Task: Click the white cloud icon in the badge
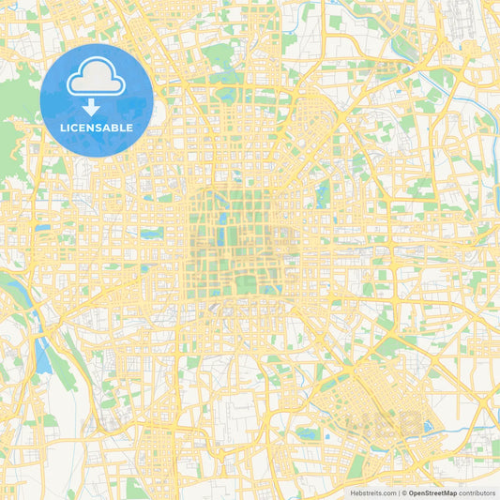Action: tap(97, 80)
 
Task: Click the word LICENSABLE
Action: tap(97, 128)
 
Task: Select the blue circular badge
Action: tap(97, 99)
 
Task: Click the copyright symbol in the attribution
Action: tap(404, 492)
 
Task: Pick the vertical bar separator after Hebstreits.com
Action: tap(399, 492)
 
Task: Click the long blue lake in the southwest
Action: tap(42, 354)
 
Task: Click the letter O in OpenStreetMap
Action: tap(412, 492)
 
